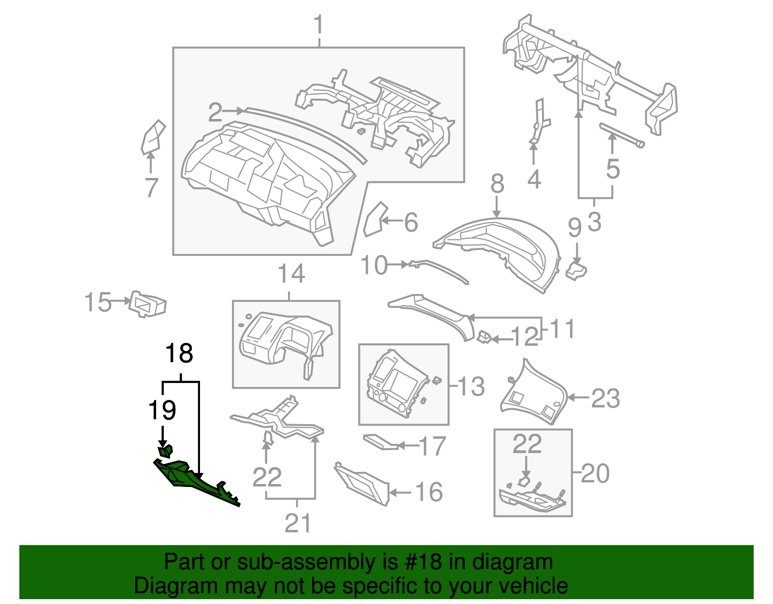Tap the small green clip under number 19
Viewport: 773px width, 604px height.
pos(166,451)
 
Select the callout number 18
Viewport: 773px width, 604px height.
pos(179,354)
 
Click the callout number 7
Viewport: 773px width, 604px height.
pos(152,188)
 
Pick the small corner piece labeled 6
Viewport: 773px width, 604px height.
pos(373,220)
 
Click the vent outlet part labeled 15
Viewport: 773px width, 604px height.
pos(148,304)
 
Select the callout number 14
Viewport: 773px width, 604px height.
pos(291,274)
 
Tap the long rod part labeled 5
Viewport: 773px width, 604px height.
pos(621,135)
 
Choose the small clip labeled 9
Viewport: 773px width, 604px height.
pos(576,271)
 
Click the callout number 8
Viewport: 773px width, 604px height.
pos(497,185)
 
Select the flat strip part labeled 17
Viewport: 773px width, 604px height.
pos(380,442)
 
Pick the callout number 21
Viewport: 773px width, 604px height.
pos(298,523)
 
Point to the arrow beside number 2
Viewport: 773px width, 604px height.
pos(235,111)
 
